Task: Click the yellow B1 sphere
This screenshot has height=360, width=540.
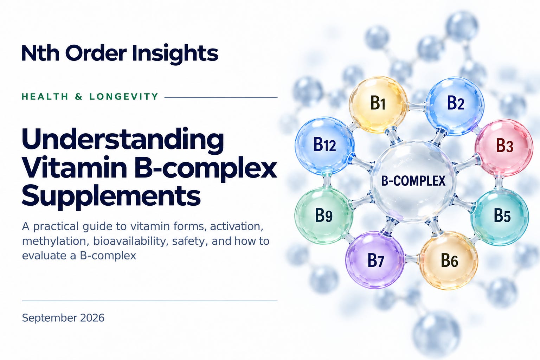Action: click(378, 105)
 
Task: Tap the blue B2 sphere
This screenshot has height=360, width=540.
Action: click(455, 105)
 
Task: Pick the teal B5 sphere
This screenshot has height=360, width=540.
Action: click(500, 217)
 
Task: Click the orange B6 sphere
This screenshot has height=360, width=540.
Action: click(449, 261)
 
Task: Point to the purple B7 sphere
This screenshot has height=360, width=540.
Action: click(375, 260)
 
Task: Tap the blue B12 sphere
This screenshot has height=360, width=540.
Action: click(324, 146)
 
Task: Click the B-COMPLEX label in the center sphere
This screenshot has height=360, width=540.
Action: click(413, 181)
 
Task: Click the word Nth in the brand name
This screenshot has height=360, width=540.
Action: click(40, 53)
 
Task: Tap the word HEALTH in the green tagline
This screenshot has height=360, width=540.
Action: click(45, 97)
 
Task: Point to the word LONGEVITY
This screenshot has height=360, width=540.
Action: click(124, 97)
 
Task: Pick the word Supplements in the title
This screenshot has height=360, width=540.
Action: click(111, 196)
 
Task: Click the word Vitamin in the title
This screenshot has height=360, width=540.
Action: click(75, 168)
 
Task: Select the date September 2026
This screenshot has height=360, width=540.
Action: click(63, 318)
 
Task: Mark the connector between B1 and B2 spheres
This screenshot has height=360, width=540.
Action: click(416, 106)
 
